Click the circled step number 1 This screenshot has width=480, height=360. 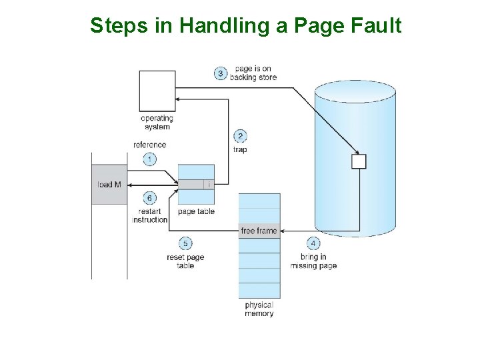click(x=150, y=159)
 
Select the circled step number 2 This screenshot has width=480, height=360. click(x=240, y=137)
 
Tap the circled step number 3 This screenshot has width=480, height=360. click(x=221, y=73)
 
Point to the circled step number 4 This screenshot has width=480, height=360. click(x=313, y=243)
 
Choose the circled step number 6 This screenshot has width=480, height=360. click(x=150, y=198)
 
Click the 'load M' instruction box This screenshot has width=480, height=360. click(x=109, y=184)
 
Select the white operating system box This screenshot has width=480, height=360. click(x=157, y=90)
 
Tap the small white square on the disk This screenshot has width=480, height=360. click(x=359, y=161)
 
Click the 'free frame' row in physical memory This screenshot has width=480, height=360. click(x=259, y=231)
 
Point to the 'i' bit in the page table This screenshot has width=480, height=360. click(x=209, y=184)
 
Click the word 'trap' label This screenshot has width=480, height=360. click(x=240, y=149)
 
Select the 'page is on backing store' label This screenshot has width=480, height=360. click(x=253, y=73)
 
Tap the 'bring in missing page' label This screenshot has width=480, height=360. click(x=313, y=261)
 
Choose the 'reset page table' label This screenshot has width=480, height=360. click(x=185, y=261)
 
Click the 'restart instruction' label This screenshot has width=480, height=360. click(x=150, y=215)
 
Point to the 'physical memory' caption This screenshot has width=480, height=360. click(x=259, y=309)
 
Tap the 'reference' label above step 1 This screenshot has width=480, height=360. click(x=150, y=145)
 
